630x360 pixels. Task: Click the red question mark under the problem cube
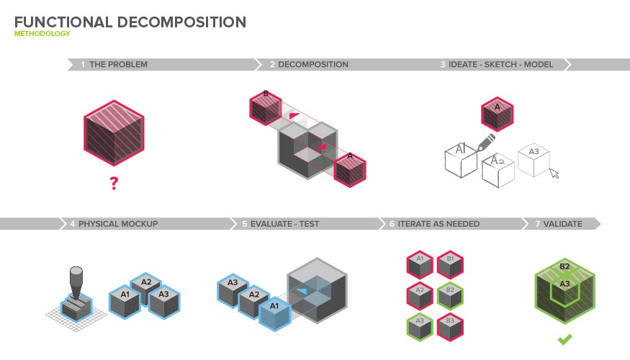113,184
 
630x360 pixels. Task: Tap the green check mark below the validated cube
566,338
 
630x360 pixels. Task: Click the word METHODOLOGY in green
42,34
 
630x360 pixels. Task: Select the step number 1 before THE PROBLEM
83,65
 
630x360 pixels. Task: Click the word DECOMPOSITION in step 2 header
313,65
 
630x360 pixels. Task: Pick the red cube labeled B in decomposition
265,108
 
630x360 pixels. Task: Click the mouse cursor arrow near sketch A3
554,173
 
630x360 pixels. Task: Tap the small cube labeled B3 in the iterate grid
450,326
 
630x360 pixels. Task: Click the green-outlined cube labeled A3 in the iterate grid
420,326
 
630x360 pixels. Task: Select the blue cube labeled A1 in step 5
273,312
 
